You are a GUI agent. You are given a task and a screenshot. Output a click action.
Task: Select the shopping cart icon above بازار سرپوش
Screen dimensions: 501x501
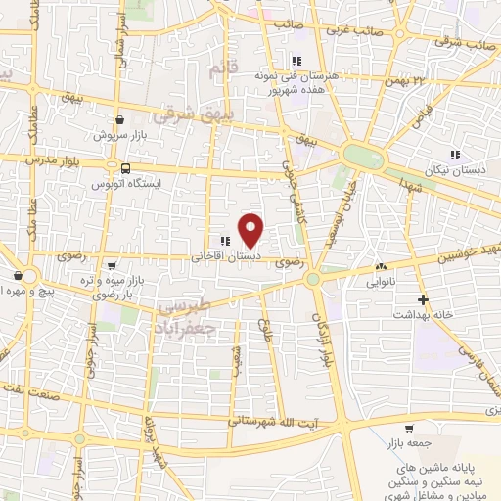[118, 119]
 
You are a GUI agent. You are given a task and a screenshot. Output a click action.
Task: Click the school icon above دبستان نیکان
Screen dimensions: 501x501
[453, 155]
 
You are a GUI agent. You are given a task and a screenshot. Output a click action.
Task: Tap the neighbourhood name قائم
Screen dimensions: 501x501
[223, 70]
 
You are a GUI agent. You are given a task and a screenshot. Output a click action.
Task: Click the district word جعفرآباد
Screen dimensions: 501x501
[200, 318]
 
